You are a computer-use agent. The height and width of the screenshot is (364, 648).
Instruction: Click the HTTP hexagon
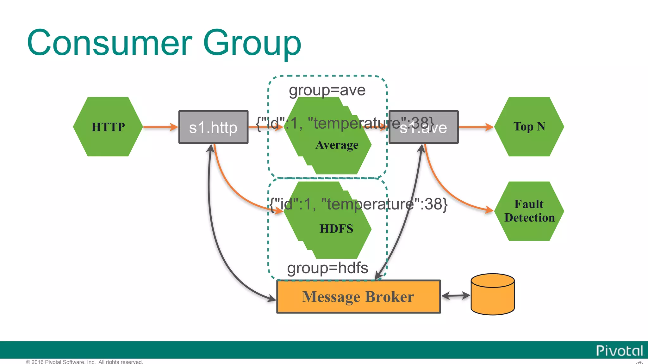pos(108,127)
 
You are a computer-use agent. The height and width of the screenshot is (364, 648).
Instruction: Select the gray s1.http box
pos(213,127)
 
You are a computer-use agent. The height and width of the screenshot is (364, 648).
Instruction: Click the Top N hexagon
pos(529,127)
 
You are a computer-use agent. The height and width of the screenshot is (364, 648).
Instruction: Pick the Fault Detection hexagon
pos(529,211)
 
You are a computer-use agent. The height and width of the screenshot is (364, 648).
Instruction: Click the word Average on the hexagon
pos(337,145)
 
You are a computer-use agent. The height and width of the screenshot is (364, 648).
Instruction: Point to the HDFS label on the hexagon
pos(336,228)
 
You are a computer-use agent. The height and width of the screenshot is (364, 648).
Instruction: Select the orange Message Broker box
pos(358,297)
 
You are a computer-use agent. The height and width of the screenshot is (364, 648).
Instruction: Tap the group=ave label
pos(327,90)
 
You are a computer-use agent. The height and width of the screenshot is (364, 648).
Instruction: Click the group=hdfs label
pos(327,268)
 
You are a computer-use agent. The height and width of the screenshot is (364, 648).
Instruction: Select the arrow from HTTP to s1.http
pos(160,127)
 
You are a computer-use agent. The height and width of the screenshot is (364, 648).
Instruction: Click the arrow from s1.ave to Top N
pos(476,127)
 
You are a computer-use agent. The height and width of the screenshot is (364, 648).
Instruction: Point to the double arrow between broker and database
pos(456,296)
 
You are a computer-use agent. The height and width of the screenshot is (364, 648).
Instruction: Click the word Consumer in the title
pos(109,43)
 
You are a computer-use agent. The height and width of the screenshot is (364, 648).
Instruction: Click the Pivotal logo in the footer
pos(619,351)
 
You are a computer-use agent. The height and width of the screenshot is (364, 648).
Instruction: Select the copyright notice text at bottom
pos(84,361)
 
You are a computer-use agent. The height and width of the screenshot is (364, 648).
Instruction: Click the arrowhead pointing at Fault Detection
pos(489,209)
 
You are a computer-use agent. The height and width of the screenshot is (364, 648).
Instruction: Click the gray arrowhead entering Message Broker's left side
pos(271,298)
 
